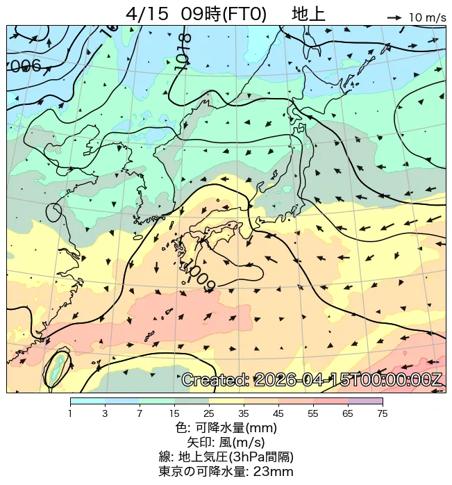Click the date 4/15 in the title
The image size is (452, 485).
[x=149, y=14]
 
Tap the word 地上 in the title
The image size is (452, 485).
[x=308, y=14]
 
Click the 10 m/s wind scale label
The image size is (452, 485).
[x=427, y=17]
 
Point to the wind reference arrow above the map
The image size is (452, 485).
[x=394, y=17]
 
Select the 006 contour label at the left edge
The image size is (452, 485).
[x=25, y=67]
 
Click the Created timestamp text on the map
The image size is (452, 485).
[x=312, y=379]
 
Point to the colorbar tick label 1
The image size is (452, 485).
[x=70, y=414]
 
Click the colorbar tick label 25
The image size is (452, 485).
[x=208, y=414]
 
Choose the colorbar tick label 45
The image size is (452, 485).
[x=278, y=414]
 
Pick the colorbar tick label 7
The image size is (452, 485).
[x=140, y=414]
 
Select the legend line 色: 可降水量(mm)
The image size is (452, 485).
[x=226, y=428]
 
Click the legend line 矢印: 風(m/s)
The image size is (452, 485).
[x=226, y=442]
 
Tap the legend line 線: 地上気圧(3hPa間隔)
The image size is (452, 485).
[x=226, y=457]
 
